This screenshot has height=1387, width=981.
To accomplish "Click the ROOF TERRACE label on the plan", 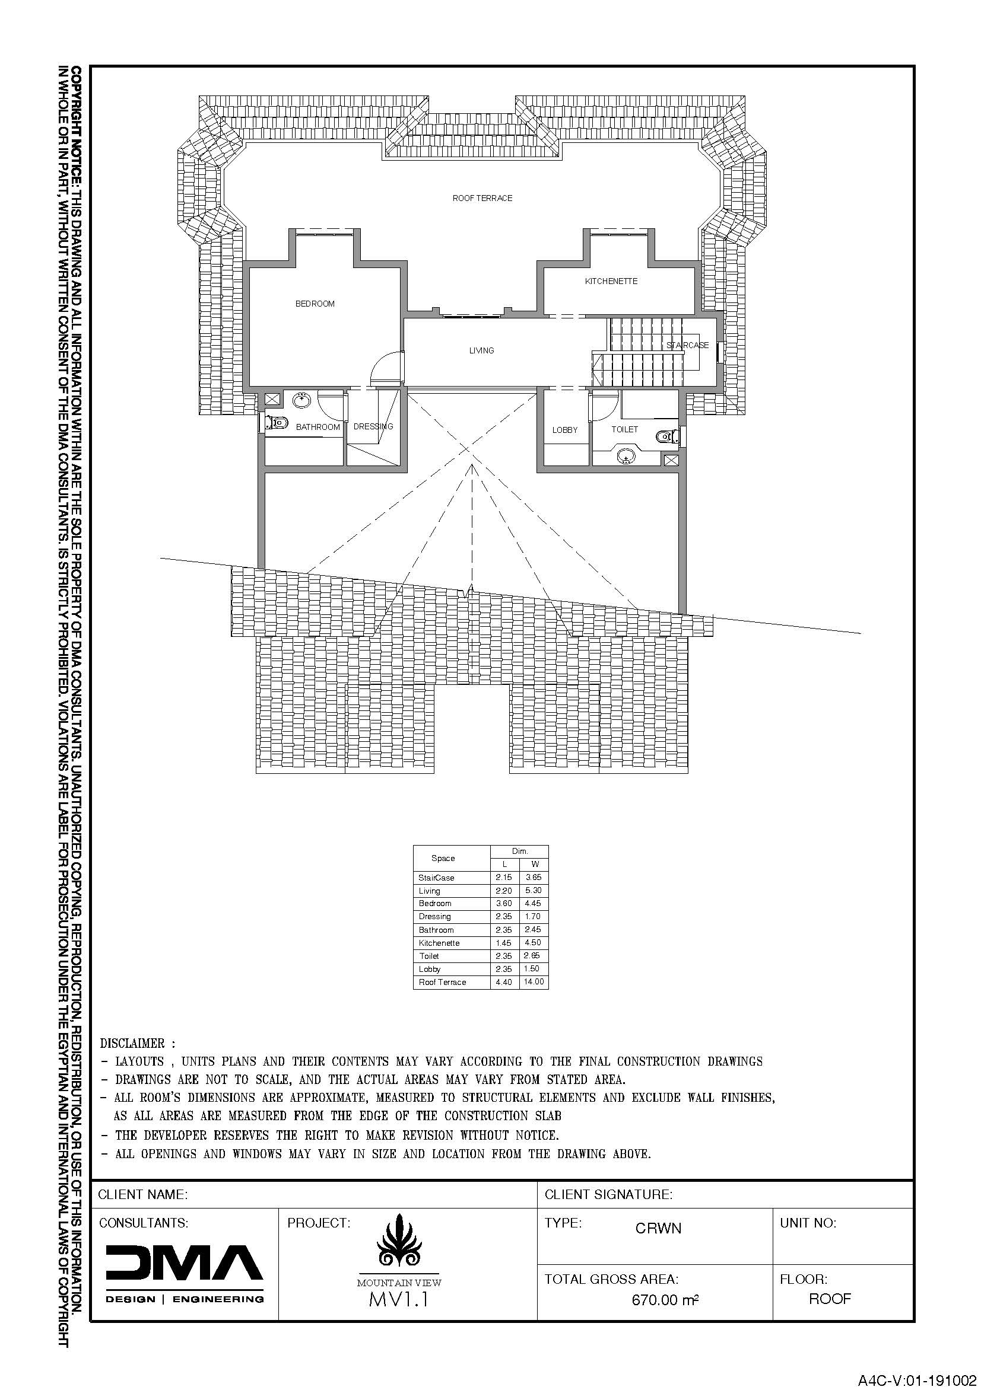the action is (482, 198).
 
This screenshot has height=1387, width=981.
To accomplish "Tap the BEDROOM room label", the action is (315, 304).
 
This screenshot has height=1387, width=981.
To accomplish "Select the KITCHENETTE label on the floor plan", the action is (611, 281).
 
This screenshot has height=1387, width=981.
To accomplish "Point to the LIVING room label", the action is (482, 350).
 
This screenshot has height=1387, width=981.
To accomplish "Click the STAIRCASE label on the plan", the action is (687, 345).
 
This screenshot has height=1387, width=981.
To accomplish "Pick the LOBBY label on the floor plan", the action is (565, 430).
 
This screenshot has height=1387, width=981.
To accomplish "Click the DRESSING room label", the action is (373, 426).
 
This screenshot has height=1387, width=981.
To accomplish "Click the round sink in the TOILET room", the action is (626, 457).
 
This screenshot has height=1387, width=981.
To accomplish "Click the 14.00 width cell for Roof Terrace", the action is (534, 981).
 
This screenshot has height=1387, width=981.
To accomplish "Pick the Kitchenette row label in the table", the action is (439, 943).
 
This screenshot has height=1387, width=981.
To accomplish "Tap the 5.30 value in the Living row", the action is (533, 891).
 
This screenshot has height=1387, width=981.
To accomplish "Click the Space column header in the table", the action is (443, 858).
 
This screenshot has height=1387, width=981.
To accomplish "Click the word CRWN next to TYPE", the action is (658, 1228).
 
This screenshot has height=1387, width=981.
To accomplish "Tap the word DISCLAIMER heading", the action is (132, 1043).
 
